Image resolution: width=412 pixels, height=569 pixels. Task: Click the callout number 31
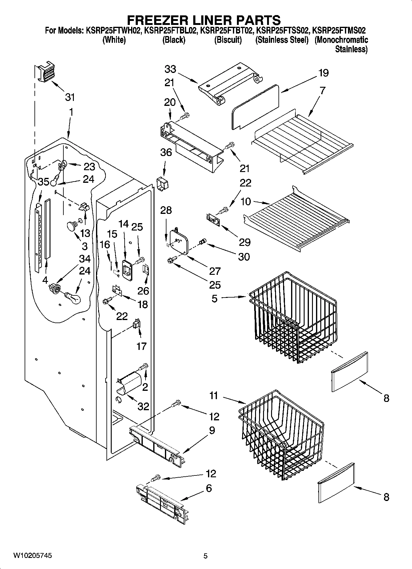pos(70,97)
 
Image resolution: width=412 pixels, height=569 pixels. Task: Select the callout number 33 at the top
pos(170,69)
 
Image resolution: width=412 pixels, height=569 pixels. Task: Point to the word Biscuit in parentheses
pos(228,40)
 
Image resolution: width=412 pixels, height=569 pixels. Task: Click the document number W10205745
pos(33,555)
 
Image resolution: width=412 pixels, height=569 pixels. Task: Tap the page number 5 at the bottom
pos(206,556)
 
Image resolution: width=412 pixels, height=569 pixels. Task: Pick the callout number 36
pos(166,152)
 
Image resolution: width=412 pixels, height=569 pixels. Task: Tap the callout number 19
pos(323,73)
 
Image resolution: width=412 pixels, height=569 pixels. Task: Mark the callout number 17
pos(141,346)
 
